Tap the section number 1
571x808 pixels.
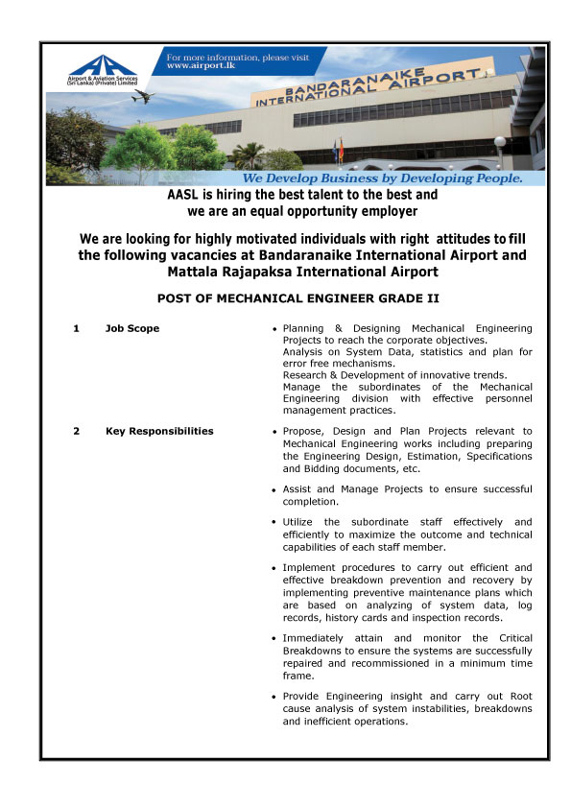(x=76, y=329)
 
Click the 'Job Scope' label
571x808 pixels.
(x=132, y=329)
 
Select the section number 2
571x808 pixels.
(x=76, y=431)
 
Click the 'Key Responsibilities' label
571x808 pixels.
(x=159, y=431)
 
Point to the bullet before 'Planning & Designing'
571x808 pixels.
(x=275, y=330)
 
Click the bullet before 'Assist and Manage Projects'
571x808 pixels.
(x=275, y=489)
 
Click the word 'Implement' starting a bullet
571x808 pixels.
(x=312, y=567)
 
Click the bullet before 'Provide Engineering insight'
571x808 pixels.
(x=275, y=697)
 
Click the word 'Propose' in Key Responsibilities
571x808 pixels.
(x=304, y=431)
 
